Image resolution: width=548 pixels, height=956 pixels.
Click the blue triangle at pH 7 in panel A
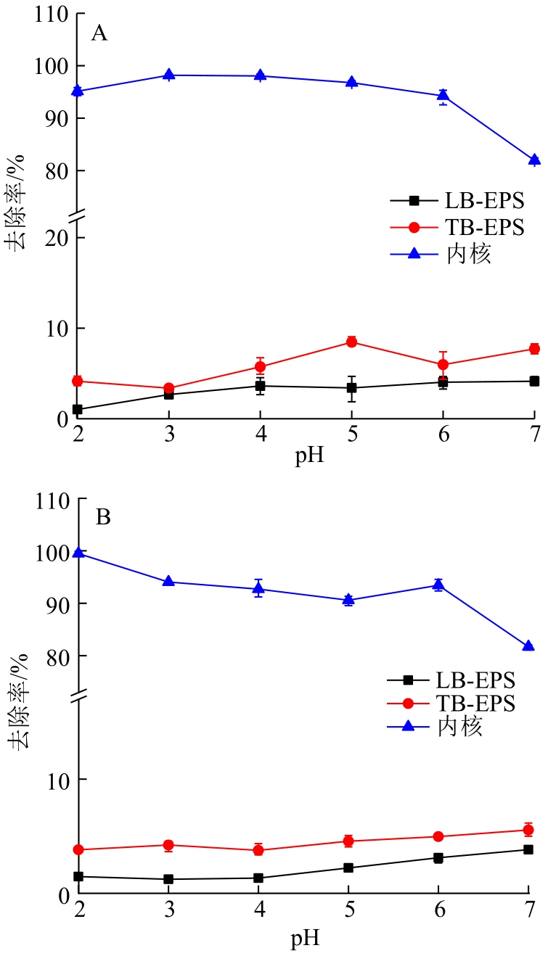coord(534,160)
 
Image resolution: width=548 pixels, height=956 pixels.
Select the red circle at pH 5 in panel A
coord(351,342)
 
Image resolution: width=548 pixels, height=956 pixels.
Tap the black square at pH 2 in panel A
coord(78,410)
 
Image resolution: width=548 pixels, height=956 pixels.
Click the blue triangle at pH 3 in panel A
coord(169,75)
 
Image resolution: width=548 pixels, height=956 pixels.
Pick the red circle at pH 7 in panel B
coord(528,830)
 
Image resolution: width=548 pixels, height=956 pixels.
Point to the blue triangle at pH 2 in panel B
coord(78,553)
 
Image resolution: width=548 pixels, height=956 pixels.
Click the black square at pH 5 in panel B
coord(348,868)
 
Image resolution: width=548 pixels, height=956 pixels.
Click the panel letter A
coord(99,33)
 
